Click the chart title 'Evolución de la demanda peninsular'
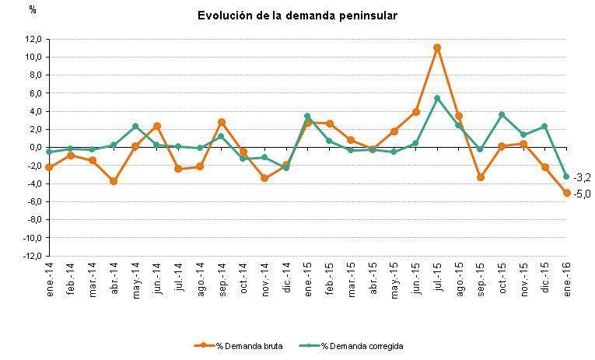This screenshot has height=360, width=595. coord(297,16)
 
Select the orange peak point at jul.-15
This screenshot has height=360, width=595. coord(437,47)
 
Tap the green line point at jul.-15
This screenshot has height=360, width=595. coord(437,98)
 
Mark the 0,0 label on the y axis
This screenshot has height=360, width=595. coord(35,148)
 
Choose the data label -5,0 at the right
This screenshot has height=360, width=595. coord(582,194)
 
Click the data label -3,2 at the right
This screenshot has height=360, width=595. coord(582,177)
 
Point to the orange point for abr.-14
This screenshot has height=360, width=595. coord(114,181)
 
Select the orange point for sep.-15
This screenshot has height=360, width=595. coord(481,177)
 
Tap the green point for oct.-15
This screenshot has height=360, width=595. coord(502,115)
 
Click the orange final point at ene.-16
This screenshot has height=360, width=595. coord(566,192)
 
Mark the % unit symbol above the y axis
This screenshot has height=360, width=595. coord(32,10)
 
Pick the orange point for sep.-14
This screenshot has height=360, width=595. coord(222,122)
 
